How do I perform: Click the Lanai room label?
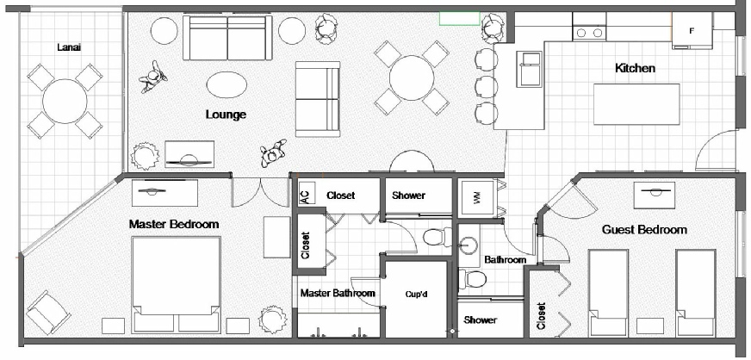(69, 47)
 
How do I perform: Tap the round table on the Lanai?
(65, 102)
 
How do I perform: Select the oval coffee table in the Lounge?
(227, 84)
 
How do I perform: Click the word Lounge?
(226, 115)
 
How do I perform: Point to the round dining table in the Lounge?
(412, 78)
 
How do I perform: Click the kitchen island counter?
(636, 104)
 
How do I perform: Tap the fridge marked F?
(692, 31)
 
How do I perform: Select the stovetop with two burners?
(590, 32)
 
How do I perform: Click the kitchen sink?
(529, 70)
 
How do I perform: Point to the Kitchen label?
(635, 68)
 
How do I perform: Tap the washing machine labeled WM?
(477, 196)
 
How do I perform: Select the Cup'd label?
(416, 295)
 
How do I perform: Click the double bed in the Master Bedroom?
(177, 285)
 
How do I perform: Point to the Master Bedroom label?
(174, 224)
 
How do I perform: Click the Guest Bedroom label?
(644, 230)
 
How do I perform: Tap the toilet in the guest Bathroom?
(473, 279)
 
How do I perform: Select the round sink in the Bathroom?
(467, 246)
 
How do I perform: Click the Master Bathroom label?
(338, 293)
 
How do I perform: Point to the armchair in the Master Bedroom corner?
(48, 313)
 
